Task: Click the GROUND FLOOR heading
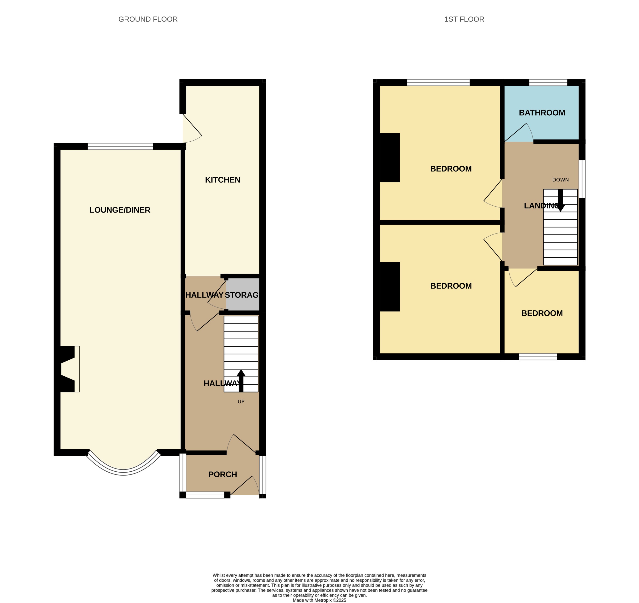[148, 19]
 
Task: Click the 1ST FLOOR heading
[464, 19]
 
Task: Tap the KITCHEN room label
[222, 180]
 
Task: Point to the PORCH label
[222, 475]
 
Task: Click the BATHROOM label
[542, 113]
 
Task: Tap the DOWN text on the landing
[560, 180]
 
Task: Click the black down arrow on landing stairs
[560, 200]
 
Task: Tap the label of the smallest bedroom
[542, 313]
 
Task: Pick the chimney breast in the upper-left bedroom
[389, 157]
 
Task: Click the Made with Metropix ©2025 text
[319, 600]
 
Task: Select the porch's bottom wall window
[205, 495]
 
